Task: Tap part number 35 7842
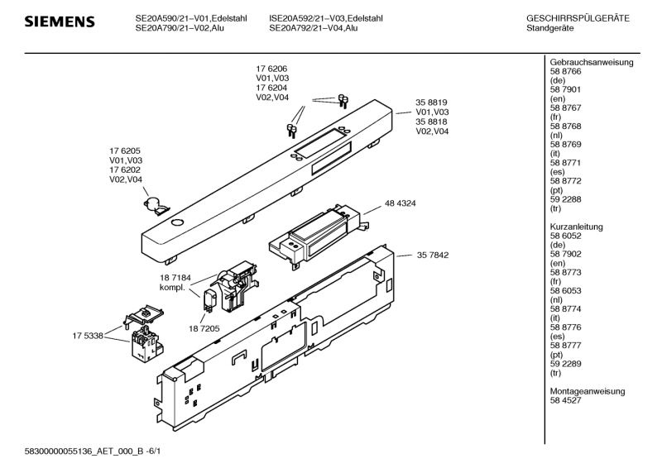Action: click(x=432, y=255)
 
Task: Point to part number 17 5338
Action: click(x=88, y=335)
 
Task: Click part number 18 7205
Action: click(x=204, y=328)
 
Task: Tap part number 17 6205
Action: click(x=126, y=151)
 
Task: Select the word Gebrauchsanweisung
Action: click(x=591, y=63)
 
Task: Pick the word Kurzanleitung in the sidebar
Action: click(x=579, y=227)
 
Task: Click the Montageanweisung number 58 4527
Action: click(x=566, y=399)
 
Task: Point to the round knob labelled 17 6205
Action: click(x=153, y=201)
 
